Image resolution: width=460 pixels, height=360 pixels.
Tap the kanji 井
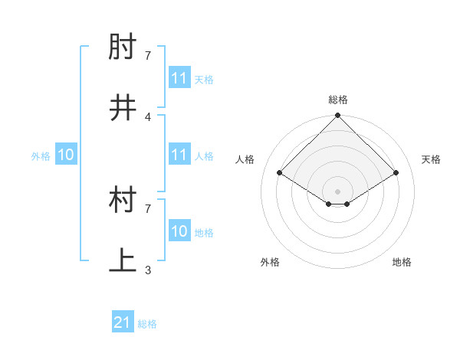[x=123, y=109]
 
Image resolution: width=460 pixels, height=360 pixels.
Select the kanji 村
[x=123, y=201]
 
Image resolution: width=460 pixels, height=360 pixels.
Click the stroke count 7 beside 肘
[x=148, y=55]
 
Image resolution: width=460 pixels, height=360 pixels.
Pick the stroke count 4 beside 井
[x=148, y=116]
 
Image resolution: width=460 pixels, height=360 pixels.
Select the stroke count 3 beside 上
[x=148, y=270]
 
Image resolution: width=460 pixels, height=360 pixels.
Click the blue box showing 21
[x=123, y=323]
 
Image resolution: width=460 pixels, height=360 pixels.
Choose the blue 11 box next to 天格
[x=179, y=78]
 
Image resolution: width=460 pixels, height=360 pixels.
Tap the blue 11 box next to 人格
[x=179, y=155]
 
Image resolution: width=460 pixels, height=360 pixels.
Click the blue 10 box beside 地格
[x=179, y=231]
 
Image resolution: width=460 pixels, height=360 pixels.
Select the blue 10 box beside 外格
[x=66, y=155]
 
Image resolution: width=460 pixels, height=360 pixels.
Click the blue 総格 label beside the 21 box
[x=147, y=324]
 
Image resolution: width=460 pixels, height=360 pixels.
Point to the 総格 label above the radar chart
[x=338, y=100]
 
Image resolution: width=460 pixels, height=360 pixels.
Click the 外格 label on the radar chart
[x=270, y=262]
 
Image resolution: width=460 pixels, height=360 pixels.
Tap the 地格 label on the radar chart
[x=402, y=262]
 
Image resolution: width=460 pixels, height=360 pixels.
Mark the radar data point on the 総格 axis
[x=338, y=116]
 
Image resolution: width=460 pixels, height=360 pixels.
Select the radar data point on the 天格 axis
[x=396, y=173]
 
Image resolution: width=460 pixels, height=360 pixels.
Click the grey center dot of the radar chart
[x=338, y=191]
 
